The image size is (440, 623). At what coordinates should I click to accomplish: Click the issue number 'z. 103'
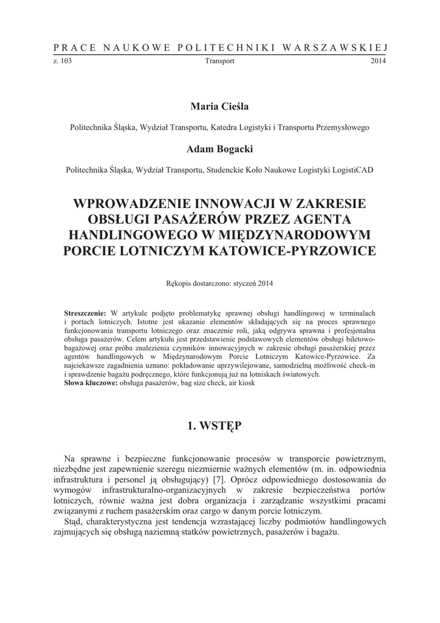tap(63, 61)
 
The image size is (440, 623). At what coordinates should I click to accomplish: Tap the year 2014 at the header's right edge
tap(378, 61)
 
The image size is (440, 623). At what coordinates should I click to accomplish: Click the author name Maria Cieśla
tap(219, 106)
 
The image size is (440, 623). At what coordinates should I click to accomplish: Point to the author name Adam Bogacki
tap(219, 149)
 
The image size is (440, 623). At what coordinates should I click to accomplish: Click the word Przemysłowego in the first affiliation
tap(342, 128)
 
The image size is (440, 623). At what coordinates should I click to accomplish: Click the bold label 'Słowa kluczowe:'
tap(91, 384)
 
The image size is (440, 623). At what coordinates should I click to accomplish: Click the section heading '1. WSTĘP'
tap(219, 426)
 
